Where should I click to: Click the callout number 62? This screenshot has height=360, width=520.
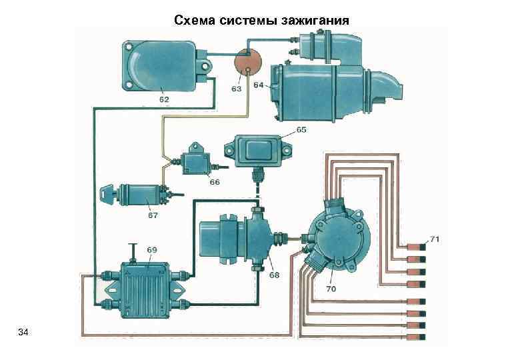[x=163, y=99]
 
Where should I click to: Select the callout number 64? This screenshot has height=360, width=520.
[x=259, y=85]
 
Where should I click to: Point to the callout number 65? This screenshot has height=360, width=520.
[x=301, y=129]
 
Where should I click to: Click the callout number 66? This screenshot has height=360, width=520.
[x=214, y=181]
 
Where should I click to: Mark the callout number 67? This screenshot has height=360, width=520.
[x=152, y=215]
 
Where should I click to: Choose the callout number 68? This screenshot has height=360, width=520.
[x=274, y=275]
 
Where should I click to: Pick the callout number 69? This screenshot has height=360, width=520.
[x=152, y=249]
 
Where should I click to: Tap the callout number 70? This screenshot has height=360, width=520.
[x=331, y=289]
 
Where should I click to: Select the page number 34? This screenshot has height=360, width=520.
[x=23, y=332]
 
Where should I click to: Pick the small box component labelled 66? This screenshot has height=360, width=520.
[x=196, y=160]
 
